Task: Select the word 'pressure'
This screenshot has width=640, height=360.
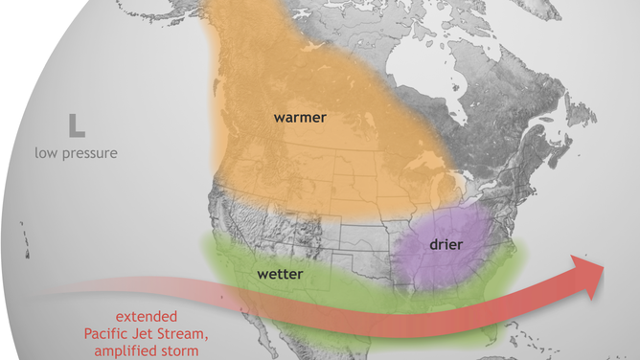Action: (91, 153)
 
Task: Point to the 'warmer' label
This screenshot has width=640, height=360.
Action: (300, 118)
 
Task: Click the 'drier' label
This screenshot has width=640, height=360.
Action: (441, 245)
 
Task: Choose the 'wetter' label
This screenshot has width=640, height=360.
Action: (281, 275)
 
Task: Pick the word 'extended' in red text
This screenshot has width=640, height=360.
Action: (143, 317)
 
